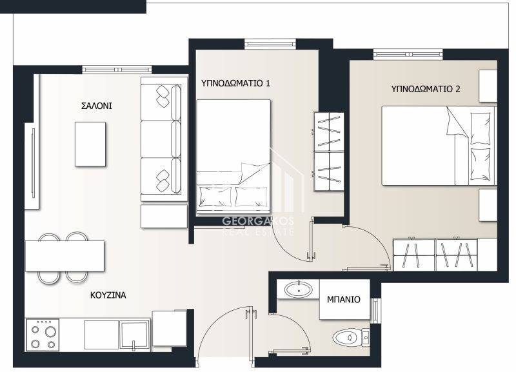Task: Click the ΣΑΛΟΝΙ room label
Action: pyautogui.click(x=96, y=106)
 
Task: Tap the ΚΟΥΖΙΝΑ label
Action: pyautogui.click(x=108, y=295)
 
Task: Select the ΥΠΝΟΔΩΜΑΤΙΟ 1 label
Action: pyautogui.click(x=235, y=83)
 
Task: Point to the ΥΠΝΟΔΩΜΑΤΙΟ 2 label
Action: pyautogui.click(x=426, y=89)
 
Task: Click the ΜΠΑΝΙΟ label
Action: pyautogui.click(x=344, y=299)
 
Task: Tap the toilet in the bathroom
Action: pyautogui.click(x=351, y=337)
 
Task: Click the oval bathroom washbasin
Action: pyautogui.click(x=299, y=289)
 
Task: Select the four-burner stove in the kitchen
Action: pyautogui.click(x=43, y=334)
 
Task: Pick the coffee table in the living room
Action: pyautogui.click(x=90, y=144)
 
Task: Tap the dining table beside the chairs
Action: pyautogui.click(x=65, y=256)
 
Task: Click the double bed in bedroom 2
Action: pyautogui.click(x=439, y=145)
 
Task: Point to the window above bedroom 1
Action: pyautogui.click(x=270, y=43)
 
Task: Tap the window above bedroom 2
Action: pyautogui.click(x=408, y=54)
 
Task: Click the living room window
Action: pyautogui.click(x=117, y=70)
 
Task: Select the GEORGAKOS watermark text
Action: pyautogui.click(x=258, y=221)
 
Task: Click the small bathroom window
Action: pyautogui.click(x=375, y=311)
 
